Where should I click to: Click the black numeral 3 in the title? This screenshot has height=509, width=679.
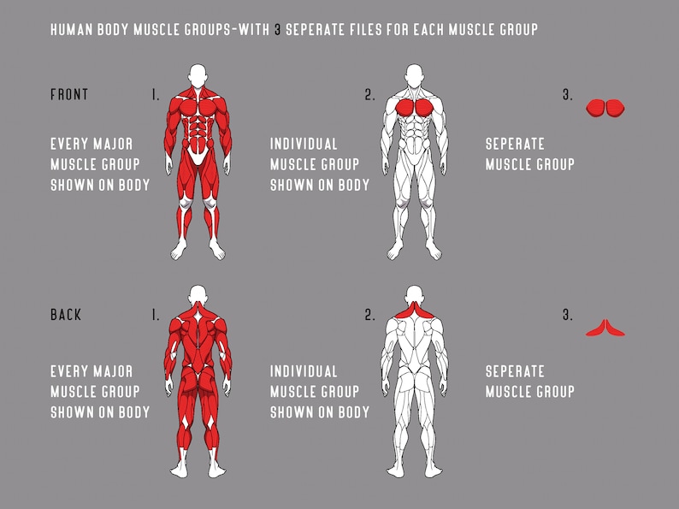click(x=277, y=30)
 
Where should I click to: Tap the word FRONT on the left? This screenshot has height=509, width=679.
click(x=69, y=95)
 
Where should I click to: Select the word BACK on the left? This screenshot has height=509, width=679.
click(x=67, y=315)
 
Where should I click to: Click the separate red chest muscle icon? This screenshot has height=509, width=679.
click(x=606, y=107)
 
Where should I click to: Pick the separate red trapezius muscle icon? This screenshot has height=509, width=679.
click(x=606, y=328)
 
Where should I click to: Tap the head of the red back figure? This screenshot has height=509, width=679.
click(x=198, y=293)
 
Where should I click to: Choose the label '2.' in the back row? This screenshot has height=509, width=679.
click(x=369, y=316)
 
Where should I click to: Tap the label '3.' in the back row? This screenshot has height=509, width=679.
click(x=568, y=316)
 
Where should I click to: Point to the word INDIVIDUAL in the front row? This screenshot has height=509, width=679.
click(x=304, y=144)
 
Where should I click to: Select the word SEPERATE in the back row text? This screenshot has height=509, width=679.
click(x=515, y=372)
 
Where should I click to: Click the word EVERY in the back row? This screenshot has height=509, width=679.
click(x=68, y=372)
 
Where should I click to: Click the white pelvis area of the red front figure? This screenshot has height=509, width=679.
click(x=198, y=156)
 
